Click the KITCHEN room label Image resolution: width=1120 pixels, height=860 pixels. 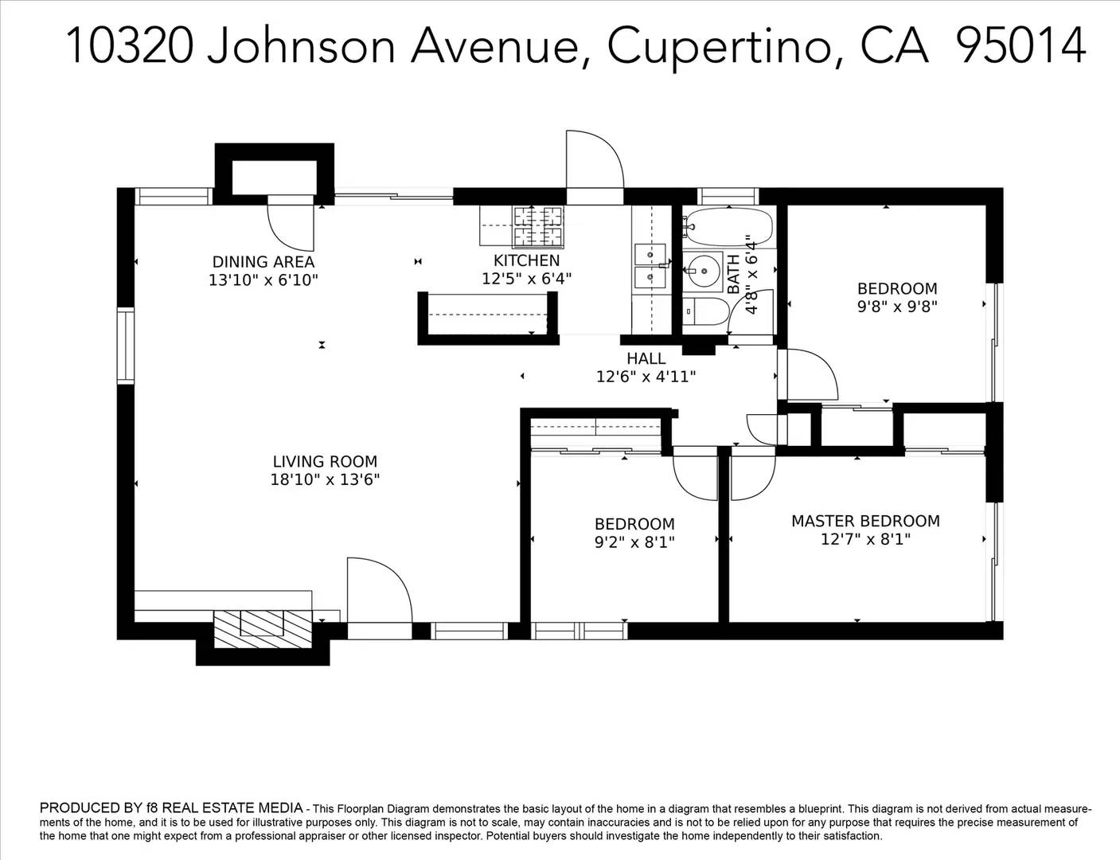tap(526, 260)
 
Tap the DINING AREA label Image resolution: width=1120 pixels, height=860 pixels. tap(263, 262)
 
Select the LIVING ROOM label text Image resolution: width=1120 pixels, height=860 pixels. tap(325, 461)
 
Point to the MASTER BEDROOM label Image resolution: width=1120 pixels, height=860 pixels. tap(865, 522)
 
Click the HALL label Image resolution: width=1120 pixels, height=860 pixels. tap(646, 358)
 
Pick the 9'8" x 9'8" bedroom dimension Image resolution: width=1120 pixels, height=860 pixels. tap(897, 307)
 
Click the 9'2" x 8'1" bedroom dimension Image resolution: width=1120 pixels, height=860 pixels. tap(634, 542)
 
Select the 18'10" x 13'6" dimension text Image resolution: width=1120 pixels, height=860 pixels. tap(325, 480)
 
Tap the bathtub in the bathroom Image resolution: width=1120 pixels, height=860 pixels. tap(728, 227)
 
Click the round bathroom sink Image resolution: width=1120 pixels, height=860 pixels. tap(703, 272)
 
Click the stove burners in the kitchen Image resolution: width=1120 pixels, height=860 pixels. tap(537, 226)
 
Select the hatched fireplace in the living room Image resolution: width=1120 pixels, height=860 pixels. tap(263, 630)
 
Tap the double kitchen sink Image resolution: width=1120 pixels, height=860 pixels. tap(650, 267)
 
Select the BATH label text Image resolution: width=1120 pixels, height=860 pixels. tap(733, 275)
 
